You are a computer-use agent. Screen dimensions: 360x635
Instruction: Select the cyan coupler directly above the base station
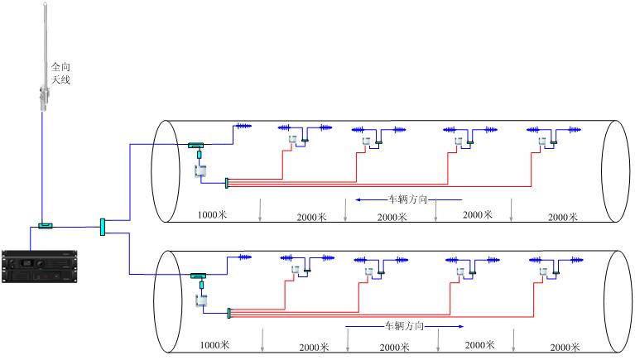pos(45,224)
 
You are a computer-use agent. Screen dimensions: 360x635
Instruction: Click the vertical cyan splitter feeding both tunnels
pos(102,225)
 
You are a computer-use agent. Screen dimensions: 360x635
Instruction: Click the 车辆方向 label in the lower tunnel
pos(405,327)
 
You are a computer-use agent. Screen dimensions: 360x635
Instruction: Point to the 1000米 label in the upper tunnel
pos(213,215)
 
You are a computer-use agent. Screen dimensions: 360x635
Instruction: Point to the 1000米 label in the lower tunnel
pos(214,344)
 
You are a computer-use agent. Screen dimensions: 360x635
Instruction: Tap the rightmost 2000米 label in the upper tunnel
pos(564,217)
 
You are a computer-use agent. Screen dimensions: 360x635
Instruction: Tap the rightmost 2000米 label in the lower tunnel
pos(565,347)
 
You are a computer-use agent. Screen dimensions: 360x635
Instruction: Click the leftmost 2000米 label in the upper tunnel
pos(313,217)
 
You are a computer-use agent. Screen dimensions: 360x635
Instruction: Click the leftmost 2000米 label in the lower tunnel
pos(315,348)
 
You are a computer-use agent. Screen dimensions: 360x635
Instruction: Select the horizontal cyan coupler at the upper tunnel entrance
pos(196,145)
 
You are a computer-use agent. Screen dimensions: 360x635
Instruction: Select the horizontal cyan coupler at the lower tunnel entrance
pos(200,276)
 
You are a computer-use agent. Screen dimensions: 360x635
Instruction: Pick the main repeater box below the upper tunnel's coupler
pos(200,170)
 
